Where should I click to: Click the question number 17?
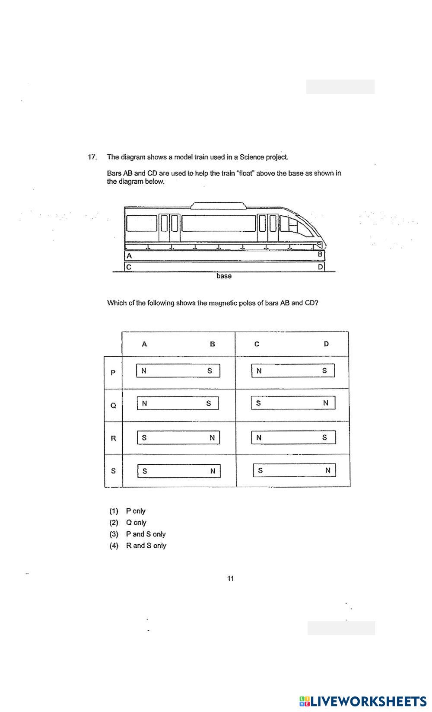[92, 157]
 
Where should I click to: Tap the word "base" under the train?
[224, 276]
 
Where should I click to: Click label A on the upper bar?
[129, 255]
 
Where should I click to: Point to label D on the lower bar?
[320, 267]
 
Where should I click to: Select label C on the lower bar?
[129, 267]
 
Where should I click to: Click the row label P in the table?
[113, 373]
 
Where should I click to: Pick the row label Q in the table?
[113, 405]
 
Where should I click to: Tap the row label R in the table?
[113, 438]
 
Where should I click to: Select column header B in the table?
[212, 344]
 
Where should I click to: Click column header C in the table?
[257, 344]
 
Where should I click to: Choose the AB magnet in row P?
[178, 371]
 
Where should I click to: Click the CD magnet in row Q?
[293, 403]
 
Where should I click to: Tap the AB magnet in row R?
[178, 437]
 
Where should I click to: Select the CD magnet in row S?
[294, 470]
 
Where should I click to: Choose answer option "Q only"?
[136, 523]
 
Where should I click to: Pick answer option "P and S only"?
[146, 534]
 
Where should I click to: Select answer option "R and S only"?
[146, 546]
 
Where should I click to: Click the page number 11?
[230, 579]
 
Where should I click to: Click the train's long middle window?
[219, 223]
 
